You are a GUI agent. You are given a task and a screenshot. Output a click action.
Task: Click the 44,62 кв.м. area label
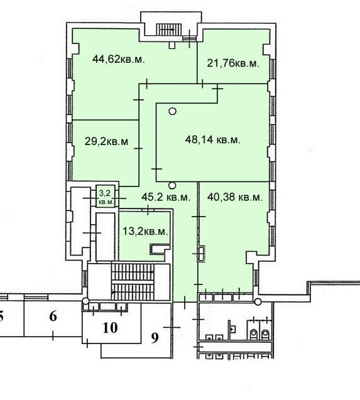119,60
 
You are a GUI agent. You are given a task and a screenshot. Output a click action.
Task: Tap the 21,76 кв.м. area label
233,63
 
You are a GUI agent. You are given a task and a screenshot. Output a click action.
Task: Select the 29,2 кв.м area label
106,141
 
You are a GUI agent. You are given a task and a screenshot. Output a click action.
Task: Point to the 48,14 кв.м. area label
213,140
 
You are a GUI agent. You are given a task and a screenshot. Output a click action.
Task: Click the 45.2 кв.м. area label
166,197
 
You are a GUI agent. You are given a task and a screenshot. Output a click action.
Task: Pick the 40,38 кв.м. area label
235,197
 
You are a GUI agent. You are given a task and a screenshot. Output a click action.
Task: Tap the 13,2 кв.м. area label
145,232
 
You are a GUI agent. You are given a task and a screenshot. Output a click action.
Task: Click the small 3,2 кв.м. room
106,197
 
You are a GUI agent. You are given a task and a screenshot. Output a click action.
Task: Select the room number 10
111,328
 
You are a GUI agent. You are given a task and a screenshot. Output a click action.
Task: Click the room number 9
155,338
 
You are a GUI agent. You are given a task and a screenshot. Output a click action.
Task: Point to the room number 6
53,316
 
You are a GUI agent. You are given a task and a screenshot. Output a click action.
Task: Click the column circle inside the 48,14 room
173,111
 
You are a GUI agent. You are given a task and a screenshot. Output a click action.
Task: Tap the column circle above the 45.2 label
172,185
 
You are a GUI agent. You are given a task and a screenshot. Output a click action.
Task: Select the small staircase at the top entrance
169,30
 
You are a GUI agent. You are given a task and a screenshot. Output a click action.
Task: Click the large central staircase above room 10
133,281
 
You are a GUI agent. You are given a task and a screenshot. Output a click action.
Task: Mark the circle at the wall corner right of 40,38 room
258,302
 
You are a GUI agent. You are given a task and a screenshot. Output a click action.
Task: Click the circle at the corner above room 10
85,301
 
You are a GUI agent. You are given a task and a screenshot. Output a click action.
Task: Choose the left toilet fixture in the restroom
254,333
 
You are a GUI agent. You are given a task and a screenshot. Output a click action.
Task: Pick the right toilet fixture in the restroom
265,333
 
